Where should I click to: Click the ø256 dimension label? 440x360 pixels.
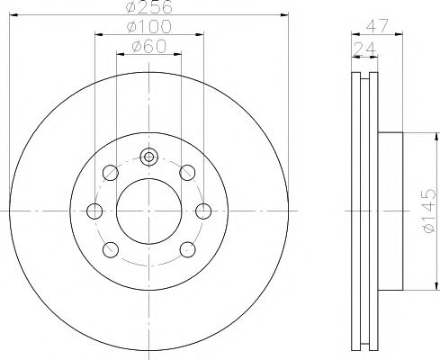(149, 6)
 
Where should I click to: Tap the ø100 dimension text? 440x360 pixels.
(149, 26)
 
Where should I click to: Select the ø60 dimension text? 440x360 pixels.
(148, 47)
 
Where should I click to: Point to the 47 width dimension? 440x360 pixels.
(377, 26)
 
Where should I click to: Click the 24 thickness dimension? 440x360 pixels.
(364, 49)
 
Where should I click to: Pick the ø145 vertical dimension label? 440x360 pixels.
(428, 211)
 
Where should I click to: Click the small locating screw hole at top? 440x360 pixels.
(148, 157)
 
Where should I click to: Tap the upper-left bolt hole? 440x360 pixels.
(111, 173)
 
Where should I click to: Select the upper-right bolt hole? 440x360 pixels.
(187, 173)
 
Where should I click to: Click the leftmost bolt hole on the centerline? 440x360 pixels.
(94, 211)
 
